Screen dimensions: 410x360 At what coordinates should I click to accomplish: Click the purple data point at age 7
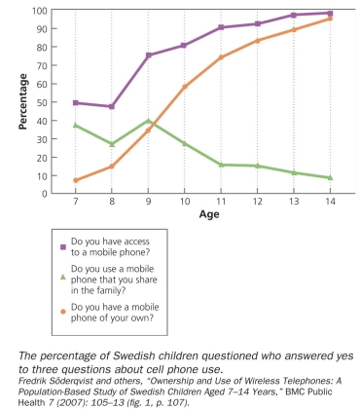(76, 102)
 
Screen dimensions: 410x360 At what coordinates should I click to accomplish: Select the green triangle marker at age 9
(148, 121)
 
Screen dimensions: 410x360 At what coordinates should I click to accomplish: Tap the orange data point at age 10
(185, 87)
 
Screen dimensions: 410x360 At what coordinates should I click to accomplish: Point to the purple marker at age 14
(330, 14)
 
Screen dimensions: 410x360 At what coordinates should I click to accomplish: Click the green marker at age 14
(330, 177)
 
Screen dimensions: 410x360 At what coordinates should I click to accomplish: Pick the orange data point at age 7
(76, 180)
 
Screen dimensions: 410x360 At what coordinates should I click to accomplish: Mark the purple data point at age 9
(148, 56)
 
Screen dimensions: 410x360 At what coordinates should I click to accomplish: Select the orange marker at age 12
(258, 41)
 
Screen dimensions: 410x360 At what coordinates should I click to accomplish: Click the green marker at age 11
(221, 165)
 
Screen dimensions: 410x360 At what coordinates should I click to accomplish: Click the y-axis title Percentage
(23, 102)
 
